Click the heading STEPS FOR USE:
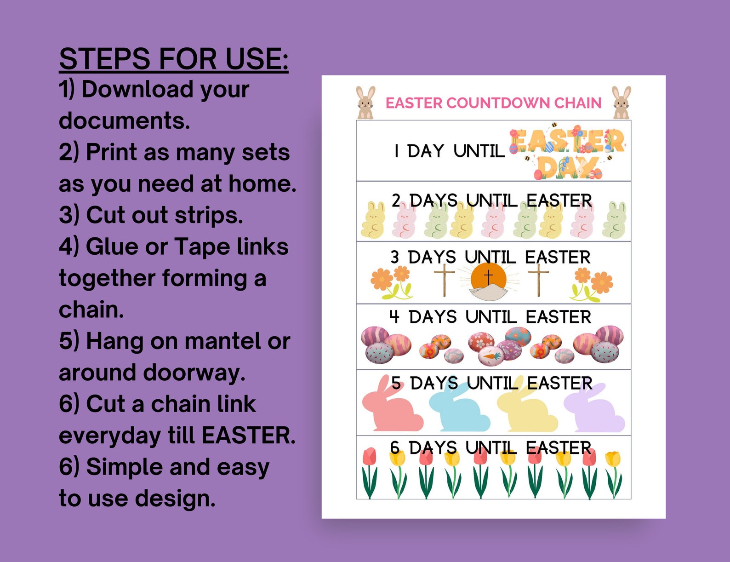click(173, 59)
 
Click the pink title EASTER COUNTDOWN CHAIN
click(493, 103)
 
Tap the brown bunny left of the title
click(365, 103)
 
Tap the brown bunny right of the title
click(621, 103)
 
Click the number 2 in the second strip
click(396, 201)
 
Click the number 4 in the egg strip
click(394, 317)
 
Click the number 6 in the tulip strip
click(395, 447)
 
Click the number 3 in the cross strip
click(395, 257)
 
